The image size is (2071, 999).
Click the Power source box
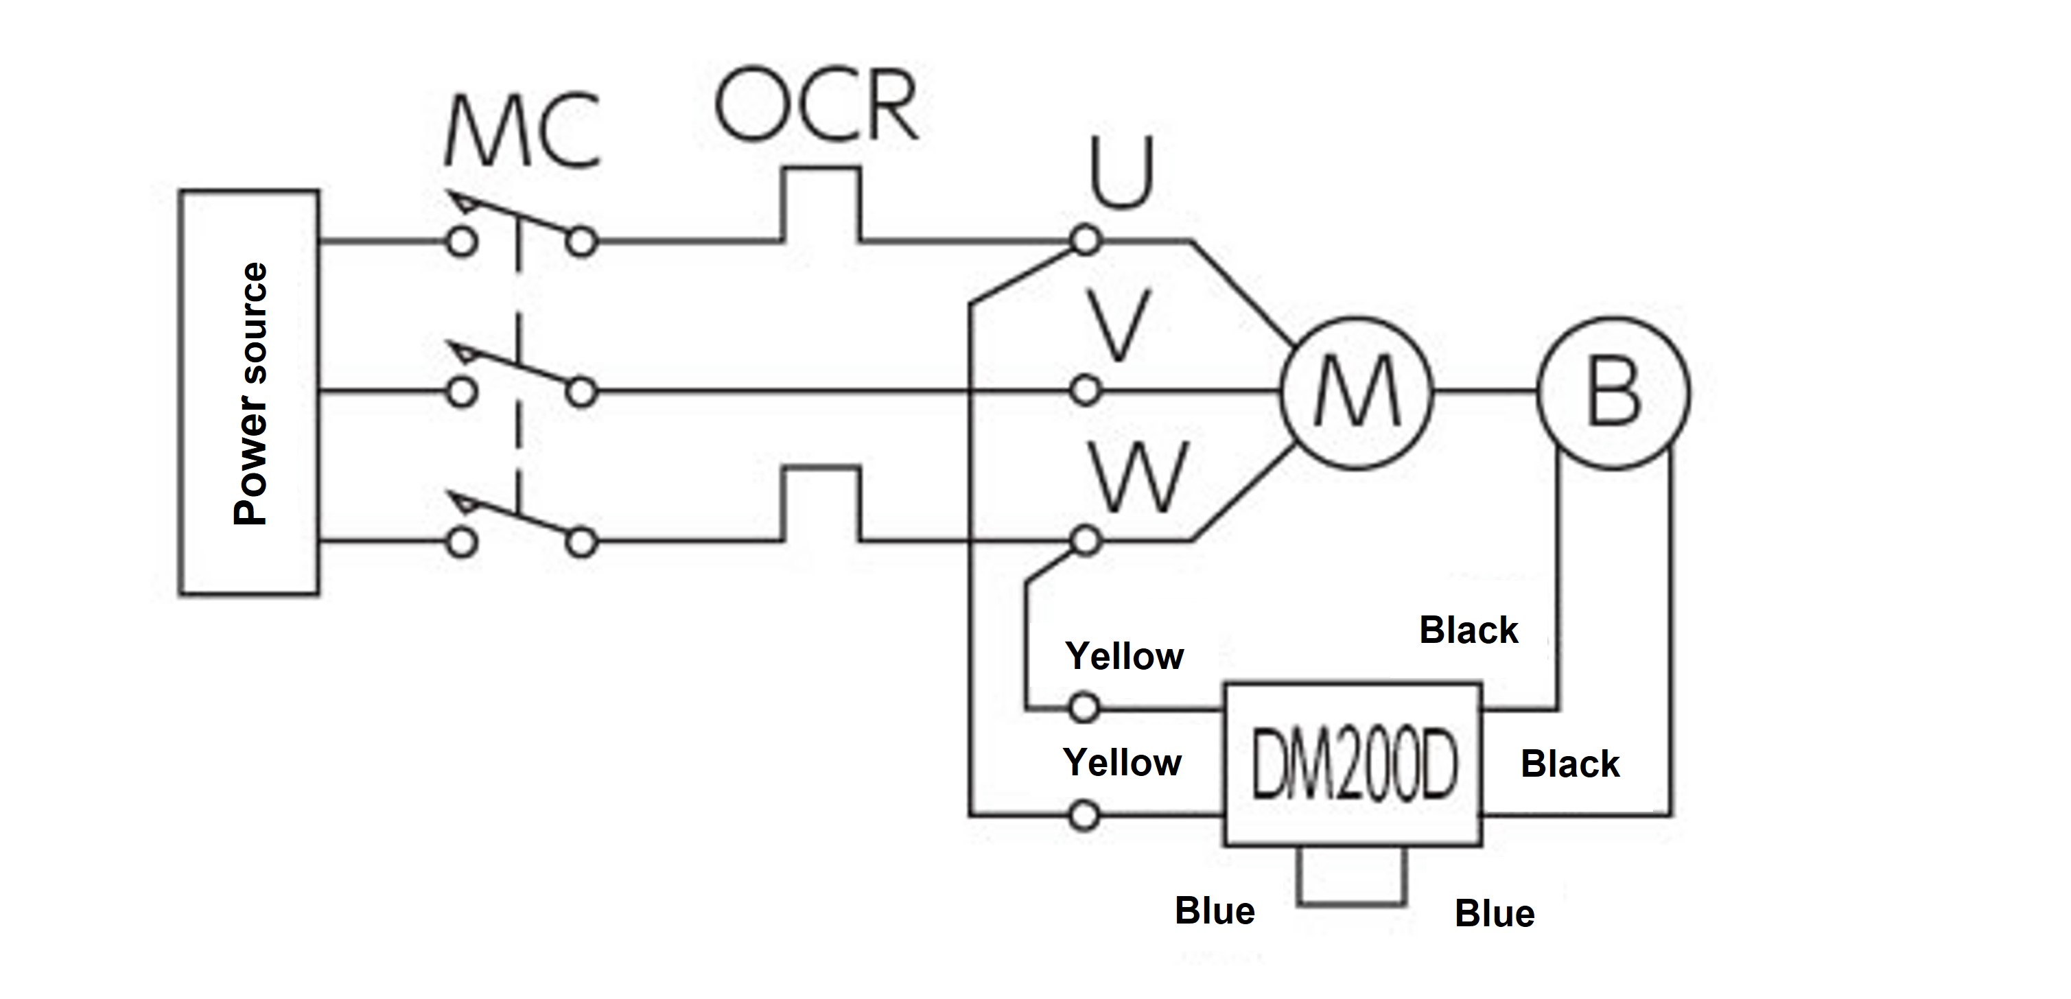click(x=248, y=393)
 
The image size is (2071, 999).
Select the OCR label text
click(x=816, y=105)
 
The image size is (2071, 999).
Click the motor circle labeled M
click(x=1356, y=393)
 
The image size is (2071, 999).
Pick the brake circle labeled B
click(x=1613, y=393)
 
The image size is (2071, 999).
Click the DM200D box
click(x=1353, y=764)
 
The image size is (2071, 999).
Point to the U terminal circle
click(x=1086, y=240)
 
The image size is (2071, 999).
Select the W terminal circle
click(x=1086, y=541)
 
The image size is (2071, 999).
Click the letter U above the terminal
click(x=1121, y=172)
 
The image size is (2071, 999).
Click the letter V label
click(x=1119, y=325)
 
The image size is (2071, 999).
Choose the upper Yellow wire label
click(x=1124, y=657)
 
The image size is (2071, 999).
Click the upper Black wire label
click(x=1468, y=630)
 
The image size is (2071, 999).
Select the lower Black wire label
click(x=1569, y=764)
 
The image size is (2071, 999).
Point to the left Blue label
click(x=1214, y=911)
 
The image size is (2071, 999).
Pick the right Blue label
click(x=1495, y=914)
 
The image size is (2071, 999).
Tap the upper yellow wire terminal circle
click(x=1084, y=708)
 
